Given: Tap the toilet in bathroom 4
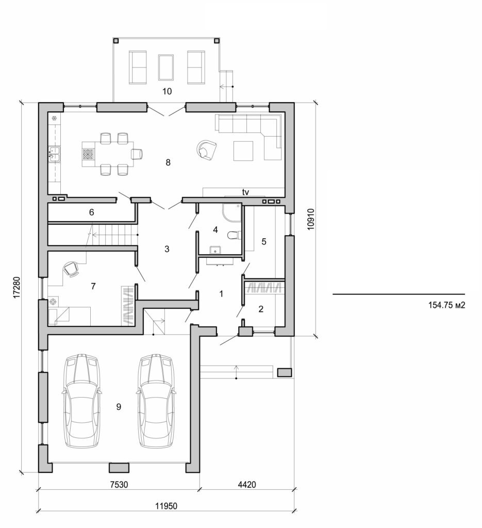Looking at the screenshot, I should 234,236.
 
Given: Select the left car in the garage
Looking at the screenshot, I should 81,401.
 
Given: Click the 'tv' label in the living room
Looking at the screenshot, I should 246,192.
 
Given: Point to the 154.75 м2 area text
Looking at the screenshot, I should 447,305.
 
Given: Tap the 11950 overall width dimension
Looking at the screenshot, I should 166,506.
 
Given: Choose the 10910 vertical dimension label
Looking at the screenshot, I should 310,220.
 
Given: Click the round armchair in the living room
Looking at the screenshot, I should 207,150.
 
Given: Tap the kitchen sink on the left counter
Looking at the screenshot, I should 54,154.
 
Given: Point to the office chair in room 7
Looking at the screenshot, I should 71,269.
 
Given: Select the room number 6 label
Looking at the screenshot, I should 91,212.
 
